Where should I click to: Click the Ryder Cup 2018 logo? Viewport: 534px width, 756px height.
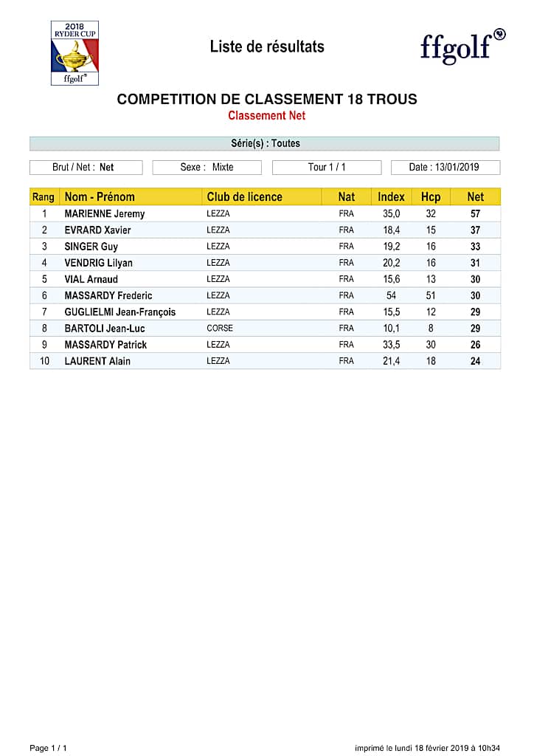74,52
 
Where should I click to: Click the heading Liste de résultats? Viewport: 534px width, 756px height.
267,47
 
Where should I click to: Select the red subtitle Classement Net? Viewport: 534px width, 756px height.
266,116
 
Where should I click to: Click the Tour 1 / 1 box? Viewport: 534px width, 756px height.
327,168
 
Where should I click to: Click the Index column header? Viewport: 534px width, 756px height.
391,197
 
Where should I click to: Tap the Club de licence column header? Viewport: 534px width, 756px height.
244,197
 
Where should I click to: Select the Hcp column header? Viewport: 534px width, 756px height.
431,197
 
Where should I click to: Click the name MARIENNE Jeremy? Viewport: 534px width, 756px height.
105,214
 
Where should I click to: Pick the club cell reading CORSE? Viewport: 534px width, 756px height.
219,329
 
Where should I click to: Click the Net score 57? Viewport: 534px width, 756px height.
476,214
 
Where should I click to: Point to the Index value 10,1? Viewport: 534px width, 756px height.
391,329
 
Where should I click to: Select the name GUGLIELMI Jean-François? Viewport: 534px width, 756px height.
120,312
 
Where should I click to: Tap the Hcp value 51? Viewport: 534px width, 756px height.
431,296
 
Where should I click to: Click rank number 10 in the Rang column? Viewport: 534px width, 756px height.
44,361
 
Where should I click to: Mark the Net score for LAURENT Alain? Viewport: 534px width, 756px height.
476,361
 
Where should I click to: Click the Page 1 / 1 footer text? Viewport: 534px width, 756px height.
48,748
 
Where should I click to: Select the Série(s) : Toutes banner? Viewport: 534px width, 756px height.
265,143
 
